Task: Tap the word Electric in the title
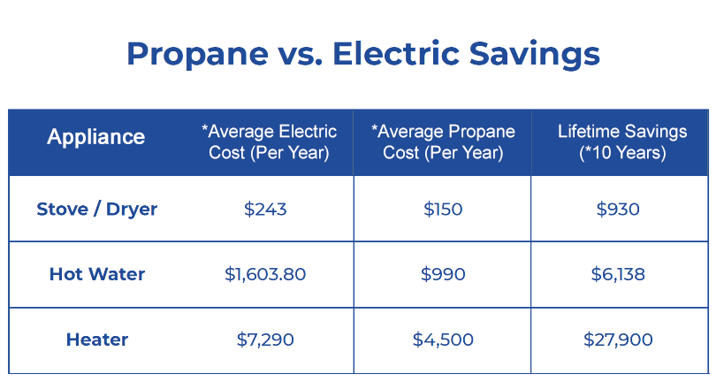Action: pos(396,54)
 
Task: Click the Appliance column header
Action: pos(96,137)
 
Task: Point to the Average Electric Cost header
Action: pos(270,141)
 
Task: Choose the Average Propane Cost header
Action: pos(443,141)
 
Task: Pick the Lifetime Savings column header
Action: pos(622,141)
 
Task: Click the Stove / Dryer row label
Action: pos(97,210)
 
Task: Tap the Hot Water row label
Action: pos(97,274)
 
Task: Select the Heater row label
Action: pos(97,340)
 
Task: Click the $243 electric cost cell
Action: pos(265,210)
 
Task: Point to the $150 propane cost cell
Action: pos(443,210)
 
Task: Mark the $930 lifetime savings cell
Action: pos(618,210)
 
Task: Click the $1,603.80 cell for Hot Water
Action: pos(265,274)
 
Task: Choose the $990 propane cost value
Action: pos(443,274)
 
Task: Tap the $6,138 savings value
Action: pos(618,274)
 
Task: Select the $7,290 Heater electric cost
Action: pos(265,340)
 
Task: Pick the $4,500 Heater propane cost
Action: pos(443,340)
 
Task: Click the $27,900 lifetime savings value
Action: pos(618,340)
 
